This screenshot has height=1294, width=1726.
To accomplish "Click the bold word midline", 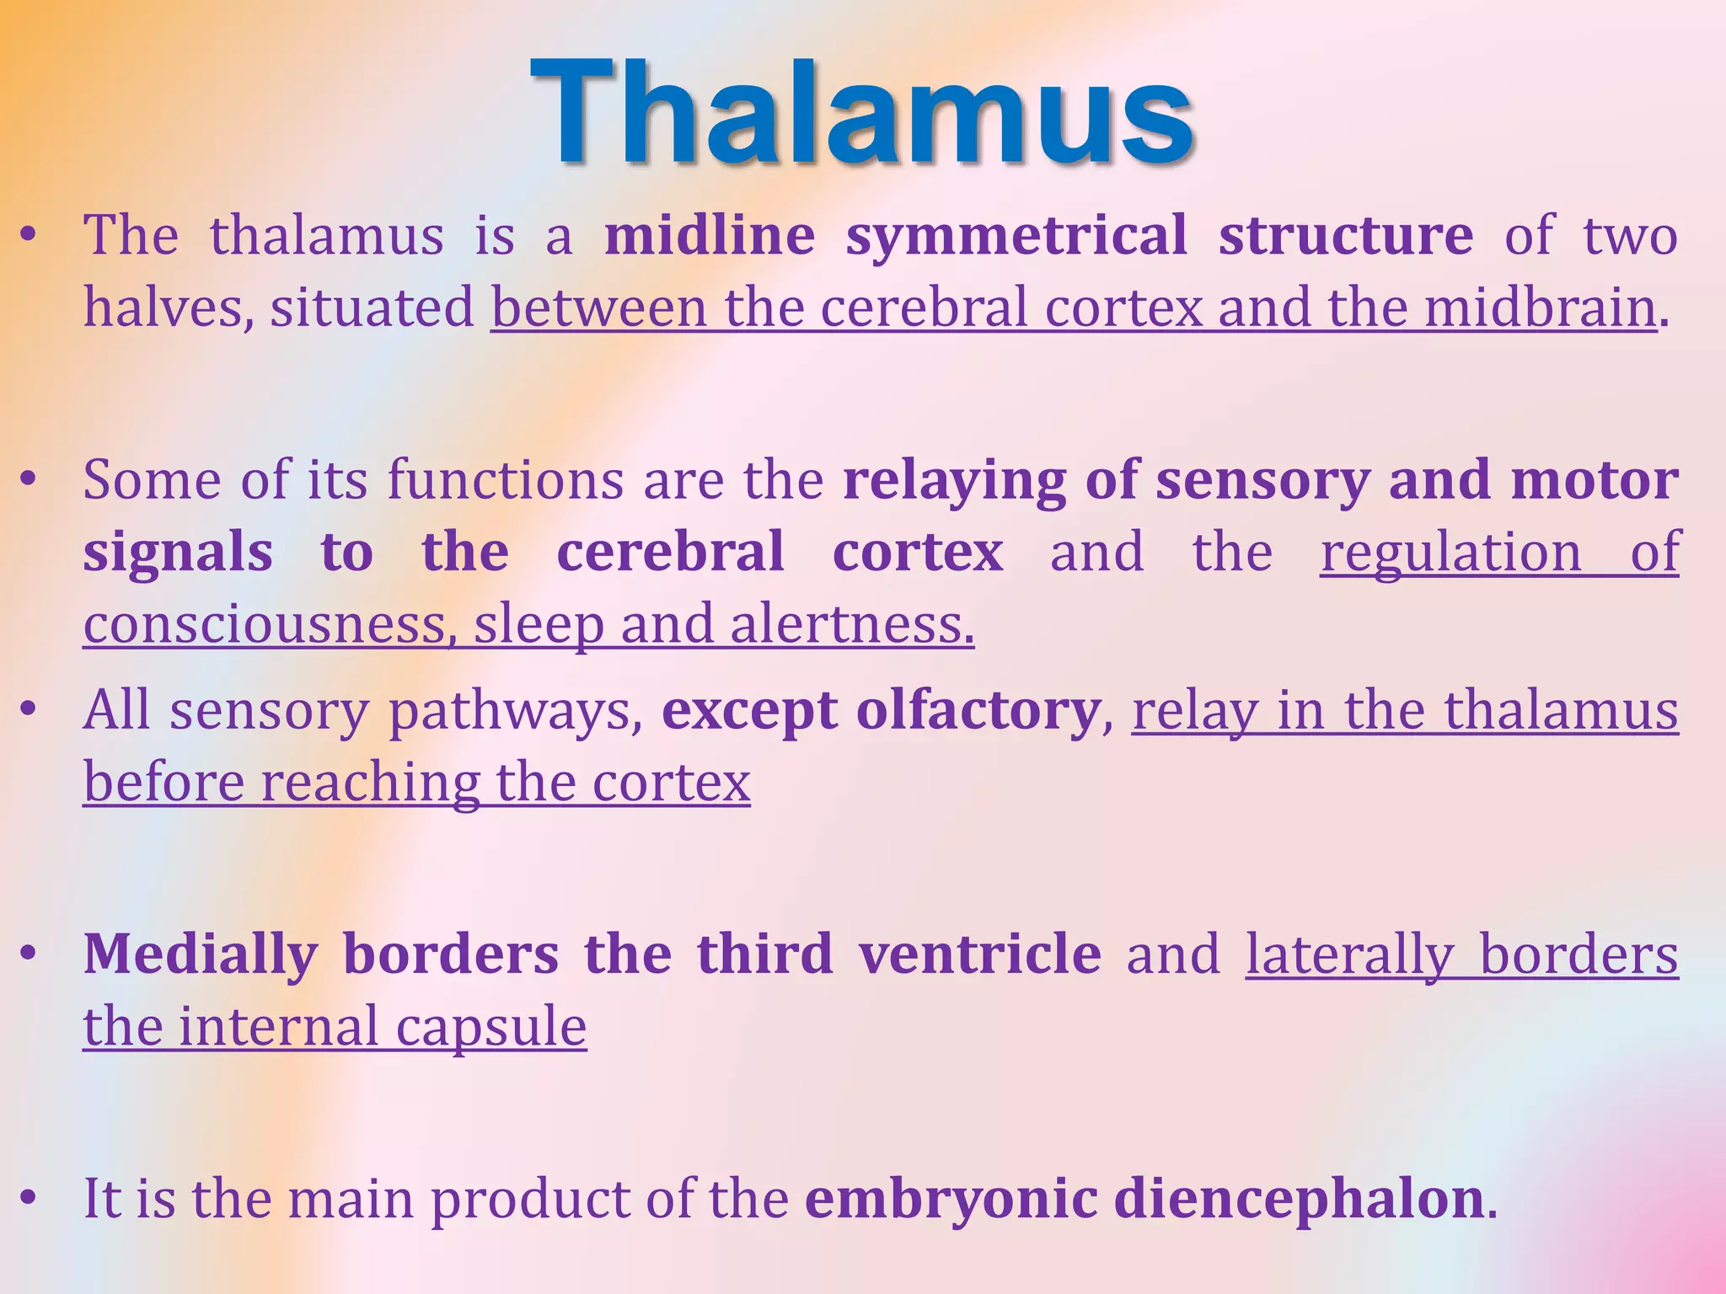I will pos(710,235).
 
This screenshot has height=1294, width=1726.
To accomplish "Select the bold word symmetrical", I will pos(1016,235).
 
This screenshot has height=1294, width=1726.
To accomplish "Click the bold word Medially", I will pos(201,955).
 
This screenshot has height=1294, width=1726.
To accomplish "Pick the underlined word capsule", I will pos(490,1028).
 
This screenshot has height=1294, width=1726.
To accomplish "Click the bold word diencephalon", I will pos(1298,1200).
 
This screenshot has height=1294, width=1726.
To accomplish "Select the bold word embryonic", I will pos(951,1200).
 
